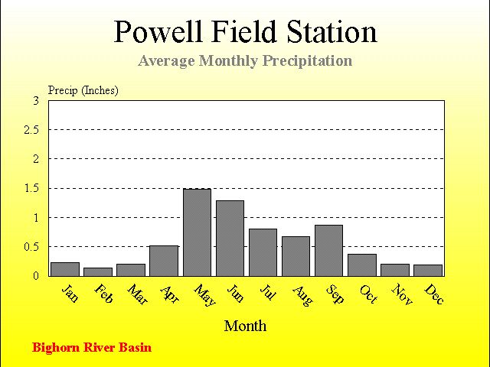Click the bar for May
point(198,232)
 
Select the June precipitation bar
point(230,239)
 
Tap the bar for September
point(328,251)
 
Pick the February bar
point(98,272)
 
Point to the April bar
point(164,261)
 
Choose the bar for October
point(362,265)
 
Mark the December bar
point(428,271)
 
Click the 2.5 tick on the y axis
point(31,130)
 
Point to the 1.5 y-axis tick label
point(31,189)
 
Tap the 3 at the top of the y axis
point(36,101)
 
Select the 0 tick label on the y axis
point(36,276)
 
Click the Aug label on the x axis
point(302,296)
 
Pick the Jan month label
point(70,294)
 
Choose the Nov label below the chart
point(402,294)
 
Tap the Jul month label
point(268,292)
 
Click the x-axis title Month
point(245,326)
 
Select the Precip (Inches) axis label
point(83,90)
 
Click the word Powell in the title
point(158,31)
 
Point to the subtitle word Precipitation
point(308,61)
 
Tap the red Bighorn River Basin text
point(92,348)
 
